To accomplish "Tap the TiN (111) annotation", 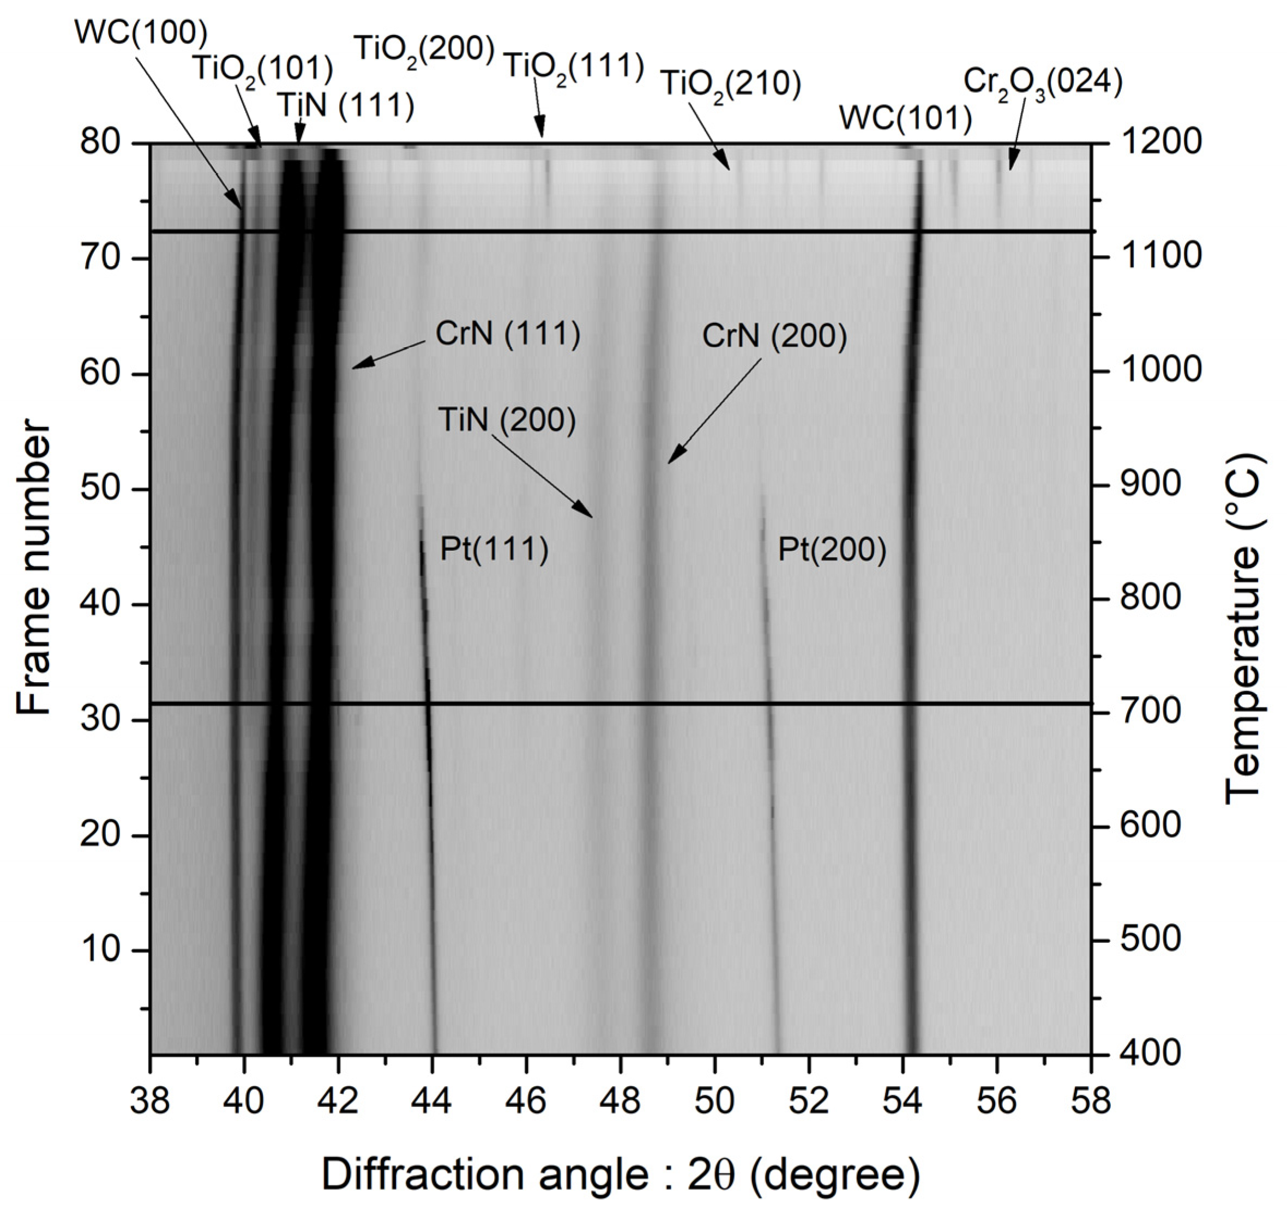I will click(346, 105).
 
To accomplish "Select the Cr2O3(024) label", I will click(1042, 82).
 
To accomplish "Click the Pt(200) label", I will click(831, 550).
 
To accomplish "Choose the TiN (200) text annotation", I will click(507, 420).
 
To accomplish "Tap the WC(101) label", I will click(905, 119).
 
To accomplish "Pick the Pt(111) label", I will click(494, 550).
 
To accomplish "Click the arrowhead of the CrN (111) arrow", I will click(354, 368).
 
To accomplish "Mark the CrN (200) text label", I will click(774, 337).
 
